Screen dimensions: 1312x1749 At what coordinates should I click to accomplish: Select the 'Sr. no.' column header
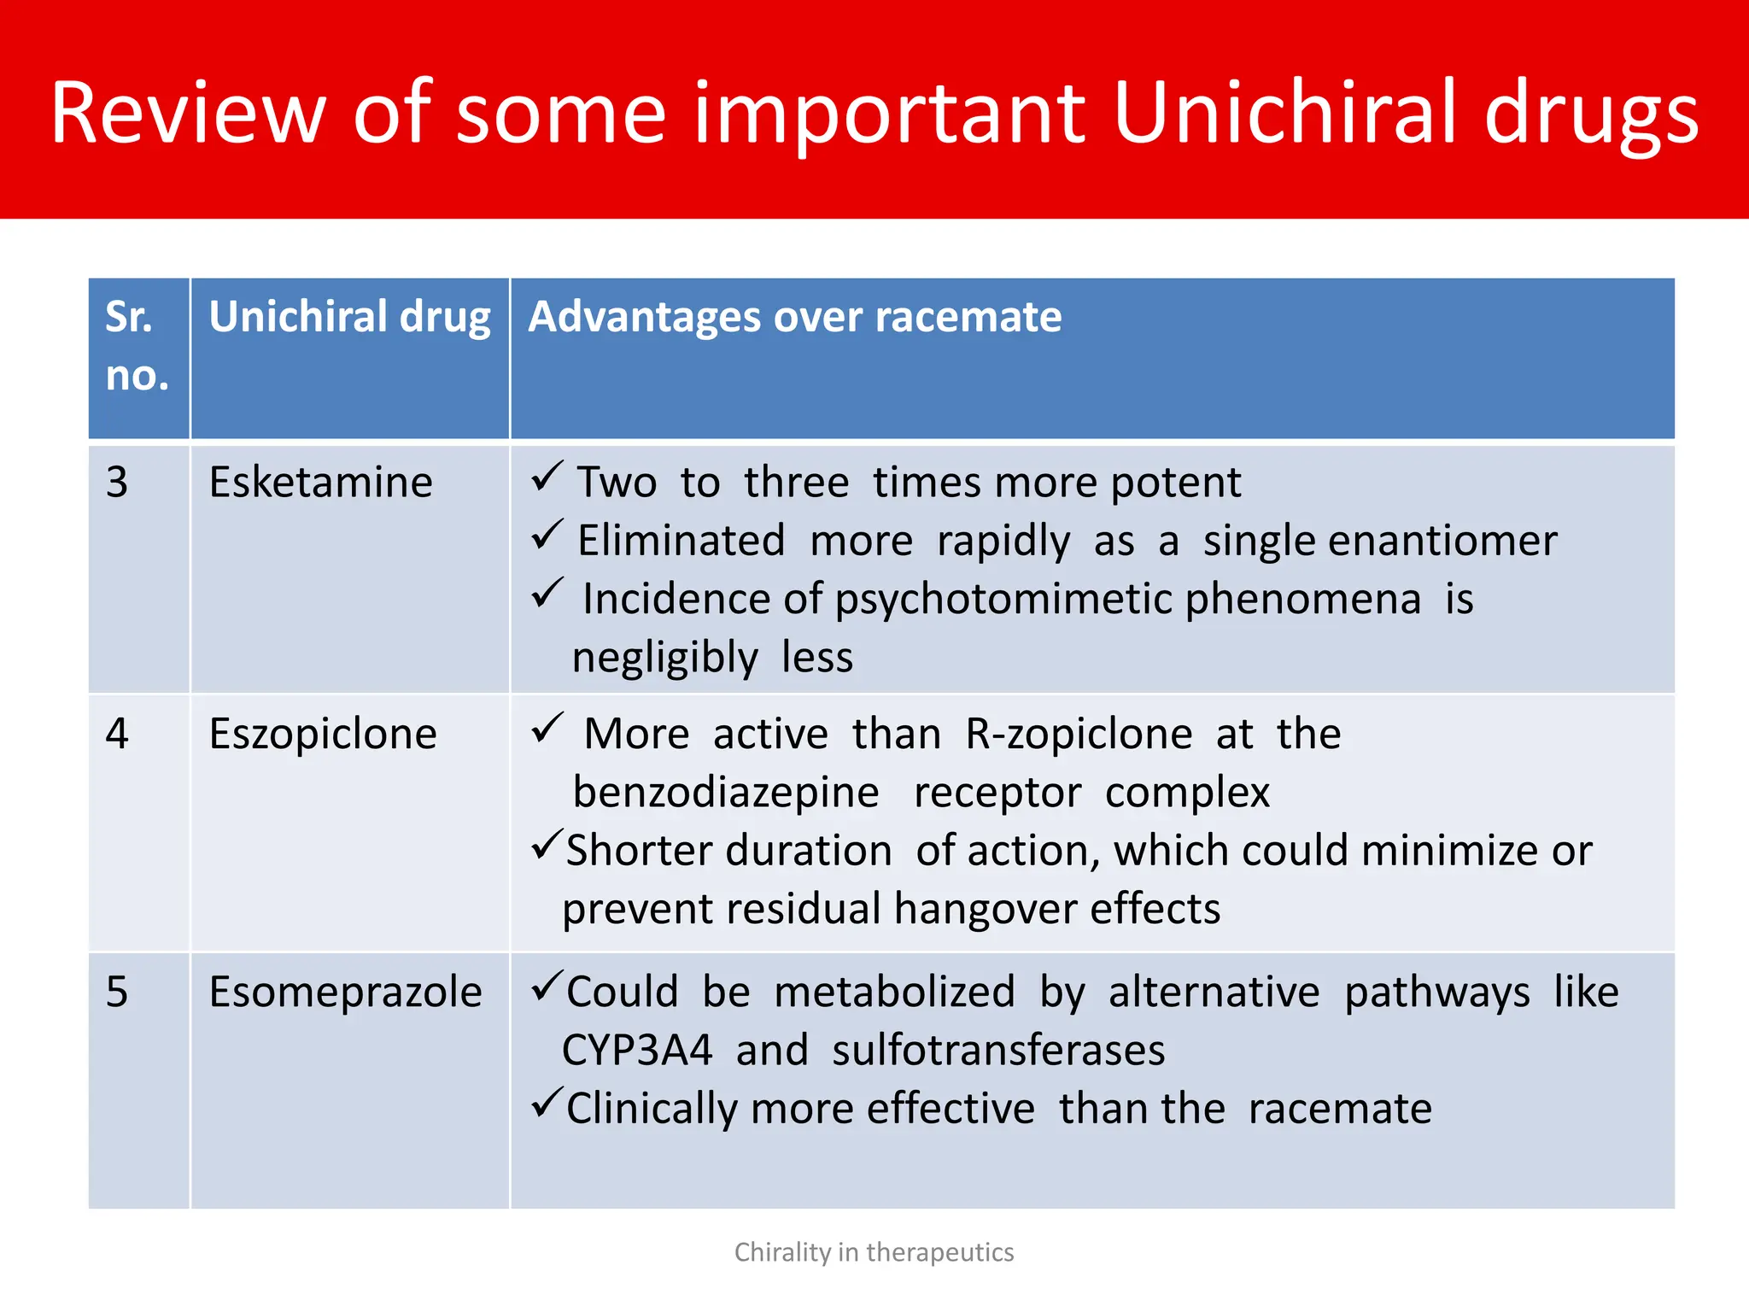(137, 346)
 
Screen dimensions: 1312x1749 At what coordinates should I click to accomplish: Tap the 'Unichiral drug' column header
(349, 317)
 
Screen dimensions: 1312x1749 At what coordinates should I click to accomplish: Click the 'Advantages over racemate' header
(794, 317)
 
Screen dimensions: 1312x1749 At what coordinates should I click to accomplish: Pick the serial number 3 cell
(117, 483)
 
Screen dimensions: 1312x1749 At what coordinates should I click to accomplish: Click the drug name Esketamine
(320, 483)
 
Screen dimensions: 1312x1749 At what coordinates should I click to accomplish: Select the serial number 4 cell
(117, 734)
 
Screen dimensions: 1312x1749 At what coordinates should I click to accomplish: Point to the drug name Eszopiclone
(323, 734)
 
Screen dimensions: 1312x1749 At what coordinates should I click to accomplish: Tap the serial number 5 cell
(117, 993)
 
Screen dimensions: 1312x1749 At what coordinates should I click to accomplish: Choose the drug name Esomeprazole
(345, 993)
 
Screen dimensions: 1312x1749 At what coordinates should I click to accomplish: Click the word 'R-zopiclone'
(1078, 734)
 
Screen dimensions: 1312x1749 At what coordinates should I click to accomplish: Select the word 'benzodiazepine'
(726, 792)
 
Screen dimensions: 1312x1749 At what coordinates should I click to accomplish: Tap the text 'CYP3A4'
(636, 1050)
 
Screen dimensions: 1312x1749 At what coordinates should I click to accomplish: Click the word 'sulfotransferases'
(997, 1050)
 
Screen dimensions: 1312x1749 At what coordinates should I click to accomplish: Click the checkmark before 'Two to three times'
(547, 476)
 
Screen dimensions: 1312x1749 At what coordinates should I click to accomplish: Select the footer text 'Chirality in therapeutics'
(874, 1252)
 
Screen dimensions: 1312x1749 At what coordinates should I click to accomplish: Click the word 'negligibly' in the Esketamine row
(664, 658)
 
